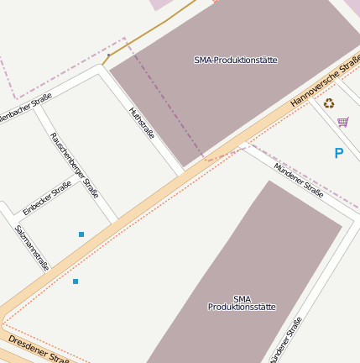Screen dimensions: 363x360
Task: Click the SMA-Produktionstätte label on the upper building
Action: (235, 60)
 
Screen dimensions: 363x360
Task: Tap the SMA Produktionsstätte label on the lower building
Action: (242, 303)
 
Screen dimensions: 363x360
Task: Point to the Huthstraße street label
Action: (142, 124)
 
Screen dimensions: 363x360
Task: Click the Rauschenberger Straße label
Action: (74, 165)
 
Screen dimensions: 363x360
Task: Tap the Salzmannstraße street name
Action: (32, 247)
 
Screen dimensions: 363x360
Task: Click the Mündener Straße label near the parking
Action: (299, 177)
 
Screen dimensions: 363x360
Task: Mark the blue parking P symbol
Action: (339, 153)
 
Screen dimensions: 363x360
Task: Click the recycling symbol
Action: (329, 103)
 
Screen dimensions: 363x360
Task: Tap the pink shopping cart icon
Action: (342, 122)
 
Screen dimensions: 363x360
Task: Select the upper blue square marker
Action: (81, 234)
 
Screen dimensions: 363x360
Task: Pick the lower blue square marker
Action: (76, 281)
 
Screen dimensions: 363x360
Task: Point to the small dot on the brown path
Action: (108, 55)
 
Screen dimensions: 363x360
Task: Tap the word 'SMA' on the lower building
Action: (242, 298)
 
